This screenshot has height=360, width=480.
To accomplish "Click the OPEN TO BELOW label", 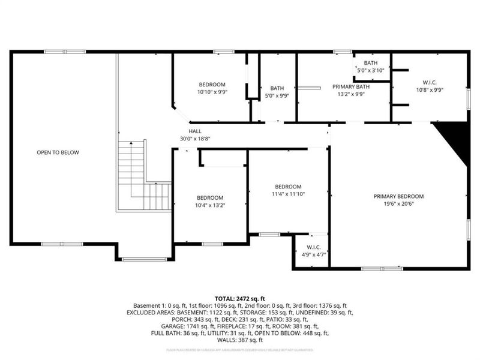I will click(58, 152).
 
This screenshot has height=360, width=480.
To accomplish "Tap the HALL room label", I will click(195, 131).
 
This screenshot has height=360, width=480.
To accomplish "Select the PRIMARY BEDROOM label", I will click(398, 196).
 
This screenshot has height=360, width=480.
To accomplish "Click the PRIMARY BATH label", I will click(351, 86).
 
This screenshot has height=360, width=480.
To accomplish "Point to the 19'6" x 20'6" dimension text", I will click(398, 203).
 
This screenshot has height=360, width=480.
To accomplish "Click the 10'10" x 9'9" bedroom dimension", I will click(212, 92).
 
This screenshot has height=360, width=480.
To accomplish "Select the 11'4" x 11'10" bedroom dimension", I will click(288, 194).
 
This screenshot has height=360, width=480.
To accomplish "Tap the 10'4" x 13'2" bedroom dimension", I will click(210, 205).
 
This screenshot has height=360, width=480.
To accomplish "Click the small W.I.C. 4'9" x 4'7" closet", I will click(312, 251).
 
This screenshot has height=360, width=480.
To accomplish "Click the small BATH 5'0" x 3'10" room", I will click(370, 67).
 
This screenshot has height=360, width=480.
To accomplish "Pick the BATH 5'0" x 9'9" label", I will click(277, 91).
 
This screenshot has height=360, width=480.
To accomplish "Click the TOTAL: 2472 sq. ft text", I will click(240, 298).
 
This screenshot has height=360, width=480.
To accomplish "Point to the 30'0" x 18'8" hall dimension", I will click(195, 139).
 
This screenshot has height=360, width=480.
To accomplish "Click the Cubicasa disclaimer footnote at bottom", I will click(240, 349).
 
